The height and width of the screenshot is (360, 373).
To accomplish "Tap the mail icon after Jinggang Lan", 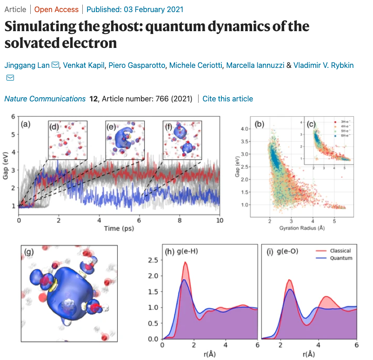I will click(x=55, y=65).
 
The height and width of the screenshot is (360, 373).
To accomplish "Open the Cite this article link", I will click(x=228, y=99).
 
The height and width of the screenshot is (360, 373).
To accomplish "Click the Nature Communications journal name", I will click(x=45, y=99).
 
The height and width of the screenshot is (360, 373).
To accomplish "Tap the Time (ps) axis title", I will click(x=119, y=229).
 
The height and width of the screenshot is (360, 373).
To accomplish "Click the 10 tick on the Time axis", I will click(x=220, y=220).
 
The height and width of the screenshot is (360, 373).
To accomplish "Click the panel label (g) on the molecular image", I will click(x=29, y=252).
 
